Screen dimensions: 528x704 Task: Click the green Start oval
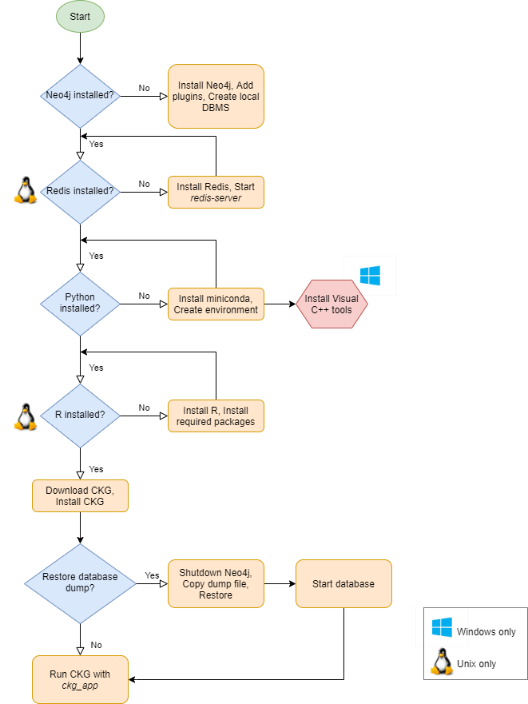tap(80, 17)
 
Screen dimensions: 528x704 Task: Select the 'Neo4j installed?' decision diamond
tap(81, 96)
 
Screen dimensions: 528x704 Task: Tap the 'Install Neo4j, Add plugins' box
tap(216, 96)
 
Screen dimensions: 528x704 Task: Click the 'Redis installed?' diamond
tap(81, 192)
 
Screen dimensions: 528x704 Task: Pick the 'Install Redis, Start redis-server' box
tap(216, 192)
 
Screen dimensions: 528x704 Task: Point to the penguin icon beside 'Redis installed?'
tap(26, 190)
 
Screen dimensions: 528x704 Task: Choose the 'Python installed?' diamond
tap(81, 304)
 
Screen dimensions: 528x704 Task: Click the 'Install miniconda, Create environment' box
tap(216, 304)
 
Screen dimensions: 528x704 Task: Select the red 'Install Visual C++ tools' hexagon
tap(331, 304)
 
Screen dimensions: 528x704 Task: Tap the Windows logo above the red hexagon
tap(370, 276)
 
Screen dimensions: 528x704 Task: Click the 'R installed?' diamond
tap(81, 416)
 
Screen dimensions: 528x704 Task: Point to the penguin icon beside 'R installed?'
tap(26, 417)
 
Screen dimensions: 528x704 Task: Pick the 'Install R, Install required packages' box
tap(216, 416)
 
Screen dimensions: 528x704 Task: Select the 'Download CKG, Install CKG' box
tap(81, 495)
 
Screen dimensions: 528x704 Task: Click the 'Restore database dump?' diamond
tap(81, 583)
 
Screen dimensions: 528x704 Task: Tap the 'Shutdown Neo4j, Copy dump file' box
tap(216, 583)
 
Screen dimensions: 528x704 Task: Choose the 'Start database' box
tap(344, 583)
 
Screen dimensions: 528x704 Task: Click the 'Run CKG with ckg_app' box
tap(81, 679)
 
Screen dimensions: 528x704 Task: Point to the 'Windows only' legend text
tap(486, 632)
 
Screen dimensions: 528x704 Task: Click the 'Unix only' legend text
tap(476, 663)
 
